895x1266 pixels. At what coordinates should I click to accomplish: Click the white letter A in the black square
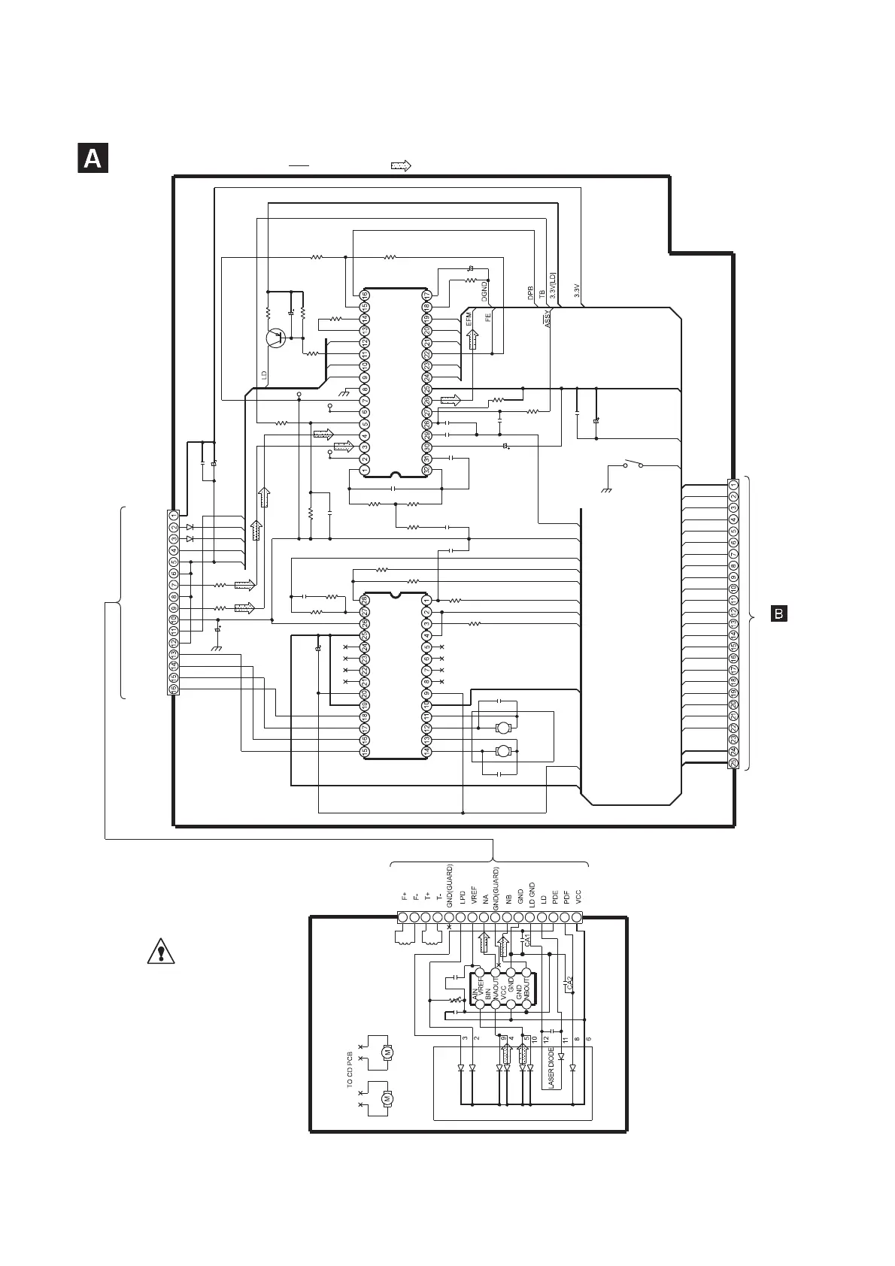point(93,159)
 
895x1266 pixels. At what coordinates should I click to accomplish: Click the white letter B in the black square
point(779,614)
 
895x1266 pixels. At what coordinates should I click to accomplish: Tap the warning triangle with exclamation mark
point(160,952)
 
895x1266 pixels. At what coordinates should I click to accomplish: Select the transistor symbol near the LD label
point(276,338)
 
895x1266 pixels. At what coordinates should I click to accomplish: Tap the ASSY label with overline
point(548,319)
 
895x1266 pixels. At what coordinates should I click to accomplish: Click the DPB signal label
point(530,292)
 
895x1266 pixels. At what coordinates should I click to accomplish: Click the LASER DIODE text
point(551,1068)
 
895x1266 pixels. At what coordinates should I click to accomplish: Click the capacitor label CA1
point(527,940)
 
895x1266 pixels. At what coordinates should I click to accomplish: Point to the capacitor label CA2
point(569,983)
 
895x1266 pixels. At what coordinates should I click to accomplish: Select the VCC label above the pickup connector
point(578,896)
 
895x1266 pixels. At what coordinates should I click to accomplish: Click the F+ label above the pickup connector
point(405,896)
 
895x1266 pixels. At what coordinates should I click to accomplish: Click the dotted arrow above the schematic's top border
point(400,165)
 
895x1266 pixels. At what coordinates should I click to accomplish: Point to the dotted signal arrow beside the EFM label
point(473,341)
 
